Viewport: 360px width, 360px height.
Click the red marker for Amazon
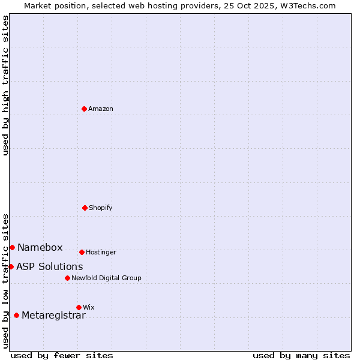click(85, 109)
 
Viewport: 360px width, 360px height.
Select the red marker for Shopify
click(85, 208)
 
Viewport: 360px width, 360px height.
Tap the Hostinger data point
click(82, 252)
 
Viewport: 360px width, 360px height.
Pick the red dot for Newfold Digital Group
click(67, 278)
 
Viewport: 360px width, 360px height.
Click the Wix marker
click(79, 307)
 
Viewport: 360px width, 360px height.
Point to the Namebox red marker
click(12, 247)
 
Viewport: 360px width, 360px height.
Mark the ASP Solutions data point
click(11, 266)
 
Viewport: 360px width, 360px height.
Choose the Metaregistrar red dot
click(16, 315)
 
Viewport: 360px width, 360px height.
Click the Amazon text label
click(101, 109)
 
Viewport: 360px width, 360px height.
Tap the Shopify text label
click(101, 208)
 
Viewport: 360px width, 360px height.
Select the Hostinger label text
click(101, 253)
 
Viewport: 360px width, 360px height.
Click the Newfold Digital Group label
click(106, 278)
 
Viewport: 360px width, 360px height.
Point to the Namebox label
click(40, 248)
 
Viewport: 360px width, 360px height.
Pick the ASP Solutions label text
click(50, 267)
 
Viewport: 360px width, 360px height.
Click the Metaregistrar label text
click(54, 316)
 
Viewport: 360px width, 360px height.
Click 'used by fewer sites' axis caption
click(62, 355)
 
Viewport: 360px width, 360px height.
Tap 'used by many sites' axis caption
click(301, 355)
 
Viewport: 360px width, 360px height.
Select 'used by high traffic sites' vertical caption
click(5, 85)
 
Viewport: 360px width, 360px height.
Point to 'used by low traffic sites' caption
click(5, 281)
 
